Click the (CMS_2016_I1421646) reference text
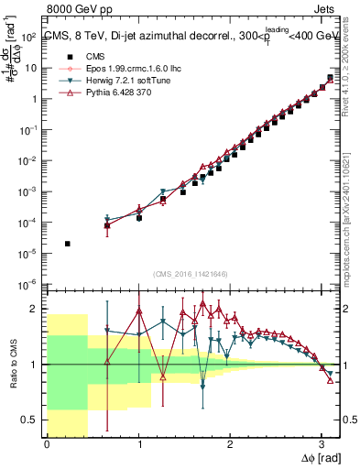point(193,274)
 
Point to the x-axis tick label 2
point(230,445)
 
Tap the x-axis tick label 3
point(321,445)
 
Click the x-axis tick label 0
point(47,445)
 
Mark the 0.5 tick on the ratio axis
point(32,420)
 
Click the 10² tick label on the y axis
point(29,38)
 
